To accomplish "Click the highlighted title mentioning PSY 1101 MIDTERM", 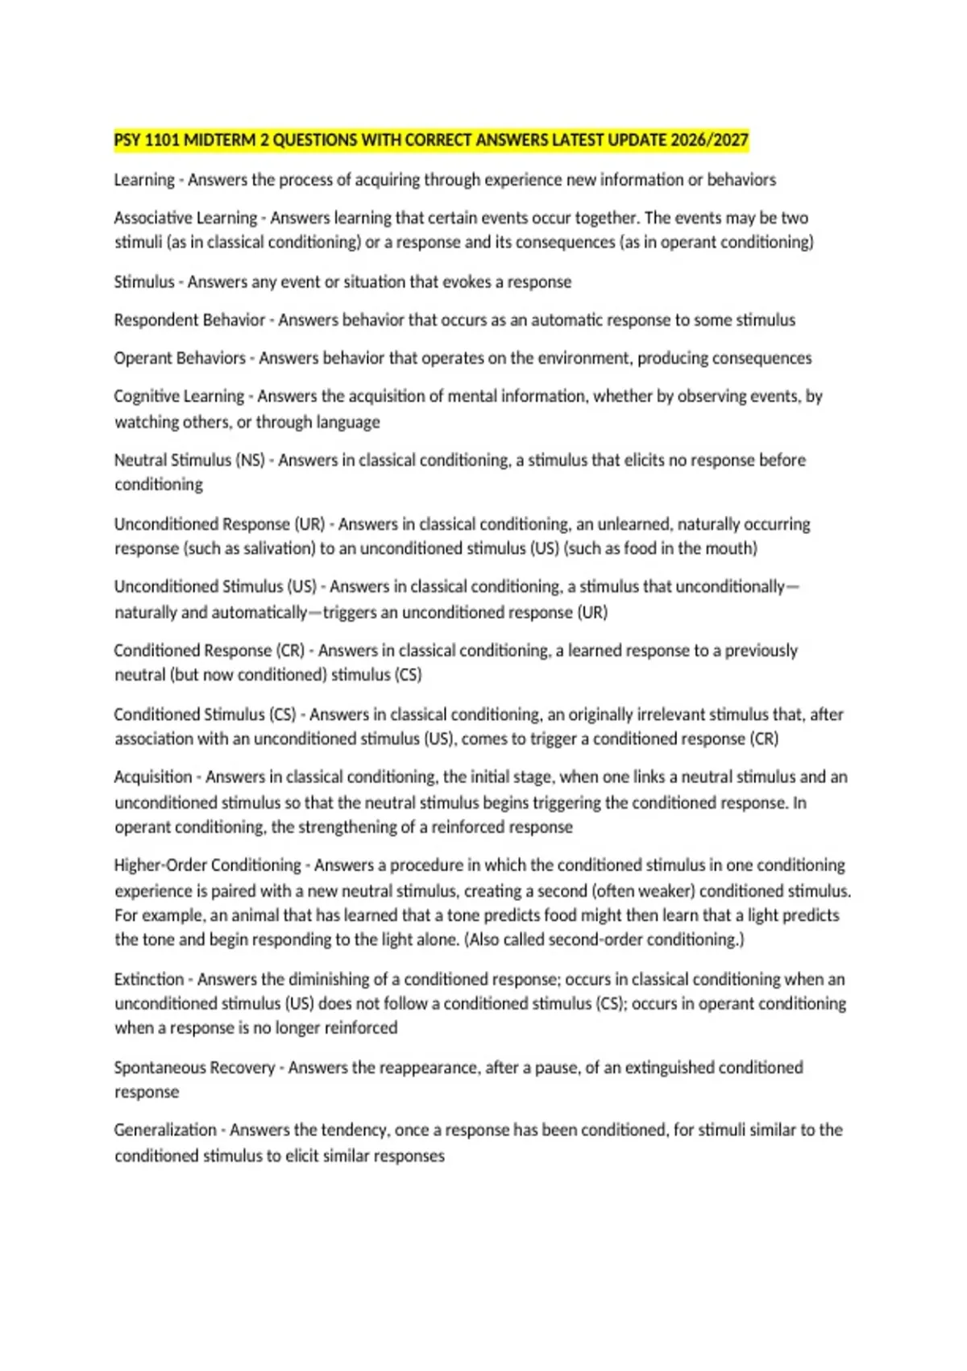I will (x=431, y=140).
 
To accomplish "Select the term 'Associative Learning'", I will (x=185, y=218).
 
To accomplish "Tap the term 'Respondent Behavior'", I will (x=189, y=320).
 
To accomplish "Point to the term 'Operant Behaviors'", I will (x=180, y=358).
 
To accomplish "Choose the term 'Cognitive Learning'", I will (x=179, y=396).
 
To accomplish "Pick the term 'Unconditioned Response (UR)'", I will (x=219, y=524).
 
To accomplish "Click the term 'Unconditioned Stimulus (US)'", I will (x=215, y=587).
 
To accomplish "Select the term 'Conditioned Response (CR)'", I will (x=209, y=651).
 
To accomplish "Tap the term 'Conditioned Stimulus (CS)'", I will (x=205, y=715).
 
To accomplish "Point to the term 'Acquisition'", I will (x=153, y=777).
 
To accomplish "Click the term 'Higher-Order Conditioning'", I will (x=207, y=865).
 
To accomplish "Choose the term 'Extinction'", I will (x=149, y=979).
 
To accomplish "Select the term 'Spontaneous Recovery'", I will (x=194, y=1068).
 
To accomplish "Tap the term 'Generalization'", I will (x=165, y=1130).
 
